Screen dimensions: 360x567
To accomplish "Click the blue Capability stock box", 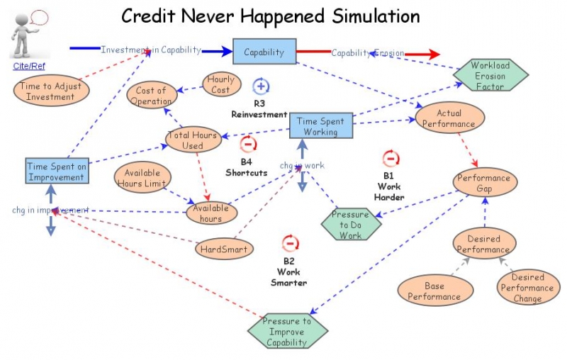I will tap(264, 52).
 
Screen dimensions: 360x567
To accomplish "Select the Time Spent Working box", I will tap(320, 126).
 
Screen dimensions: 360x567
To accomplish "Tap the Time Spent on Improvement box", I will tap(56, 171).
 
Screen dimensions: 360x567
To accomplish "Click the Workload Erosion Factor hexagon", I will tap(490, 75).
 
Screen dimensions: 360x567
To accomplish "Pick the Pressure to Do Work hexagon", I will tap(350, 225).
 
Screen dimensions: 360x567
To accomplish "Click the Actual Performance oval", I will tap(449, 118).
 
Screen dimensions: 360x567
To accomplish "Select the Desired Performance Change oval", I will tap(527, 288).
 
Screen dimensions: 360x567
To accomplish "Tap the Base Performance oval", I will tap(434, 291).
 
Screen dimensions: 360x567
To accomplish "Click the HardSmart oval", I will tap(224, 249).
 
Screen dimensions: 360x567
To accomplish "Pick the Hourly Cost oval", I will tap(220, 85).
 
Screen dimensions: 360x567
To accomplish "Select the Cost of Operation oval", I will tap(151, 96).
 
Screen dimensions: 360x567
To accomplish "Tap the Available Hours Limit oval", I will tap(142, 178).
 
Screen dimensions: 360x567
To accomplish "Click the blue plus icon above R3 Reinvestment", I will tap(261, 86).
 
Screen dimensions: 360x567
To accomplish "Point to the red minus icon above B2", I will tap(289, 244).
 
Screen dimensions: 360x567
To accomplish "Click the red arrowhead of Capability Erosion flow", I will tap(431, 54).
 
